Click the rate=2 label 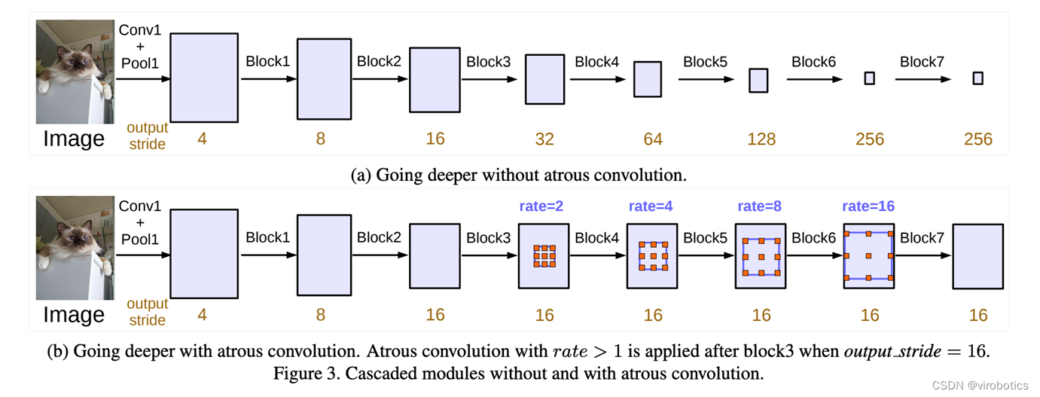[541, 206]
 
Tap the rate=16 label [868, 206]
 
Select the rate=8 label [760, 206]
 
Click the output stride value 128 [761, 139]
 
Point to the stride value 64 [653, 139]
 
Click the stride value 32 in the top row [544, 139]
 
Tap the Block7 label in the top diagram [922, 62]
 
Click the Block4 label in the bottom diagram [597, 238]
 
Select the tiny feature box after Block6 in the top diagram [870, 78]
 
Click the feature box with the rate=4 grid [652, 256]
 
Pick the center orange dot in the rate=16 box [868, 256]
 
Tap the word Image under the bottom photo [74, 315]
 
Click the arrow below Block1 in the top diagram [268, 79]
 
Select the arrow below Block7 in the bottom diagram [923, 255]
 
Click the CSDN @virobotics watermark [980, 386]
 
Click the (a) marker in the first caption [361, 175]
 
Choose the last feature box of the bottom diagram [977, 256]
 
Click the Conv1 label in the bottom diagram [140, 206]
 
